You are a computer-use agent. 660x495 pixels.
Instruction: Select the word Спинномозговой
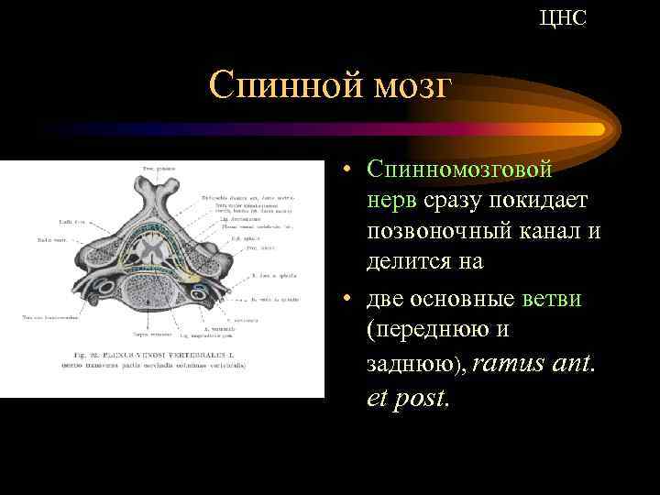458,169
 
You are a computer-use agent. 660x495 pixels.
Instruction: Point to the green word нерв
392,200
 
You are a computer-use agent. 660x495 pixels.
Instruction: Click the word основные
467,300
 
